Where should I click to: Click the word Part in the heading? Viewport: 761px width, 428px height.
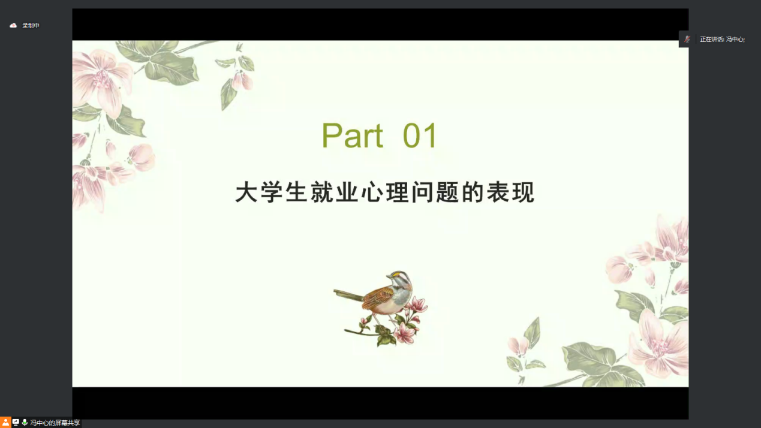point(352,135)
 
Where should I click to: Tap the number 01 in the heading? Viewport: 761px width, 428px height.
point(420,135)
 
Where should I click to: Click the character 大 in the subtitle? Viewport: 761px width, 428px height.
point(246,192)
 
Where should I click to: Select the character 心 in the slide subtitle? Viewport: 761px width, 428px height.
point(372,192)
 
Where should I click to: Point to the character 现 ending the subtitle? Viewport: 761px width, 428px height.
point(524,192)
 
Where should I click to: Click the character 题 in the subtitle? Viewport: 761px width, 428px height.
point(448,192)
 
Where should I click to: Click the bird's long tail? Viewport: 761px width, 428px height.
point(349,295)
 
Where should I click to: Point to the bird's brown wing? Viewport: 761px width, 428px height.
point(378,297)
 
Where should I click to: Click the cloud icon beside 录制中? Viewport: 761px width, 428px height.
point(13,25)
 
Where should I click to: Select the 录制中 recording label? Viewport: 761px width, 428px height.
point(31,25)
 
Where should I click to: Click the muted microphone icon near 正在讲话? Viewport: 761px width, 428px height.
point(687,39)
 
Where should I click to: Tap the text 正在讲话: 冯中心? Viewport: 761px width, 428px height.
point(722,40)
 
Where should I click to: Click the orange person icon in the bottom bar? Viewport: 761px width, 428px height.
point(5,422)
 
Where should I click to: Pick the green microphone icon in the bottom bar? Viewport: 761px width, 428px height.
point(25,422)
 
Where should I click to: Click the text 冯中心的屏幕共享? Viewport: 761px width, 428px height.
point(55,423)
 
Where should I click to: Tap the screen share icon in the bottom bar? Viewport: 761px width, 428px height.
point(16,423)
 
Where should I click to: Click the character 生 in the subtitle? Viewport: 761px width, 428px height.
point(297,192)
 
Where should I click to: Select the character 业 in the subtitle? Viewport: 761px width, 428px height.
point(347,192)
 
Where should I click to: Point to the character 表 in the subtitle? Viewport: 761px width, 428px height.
point(498,192)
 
